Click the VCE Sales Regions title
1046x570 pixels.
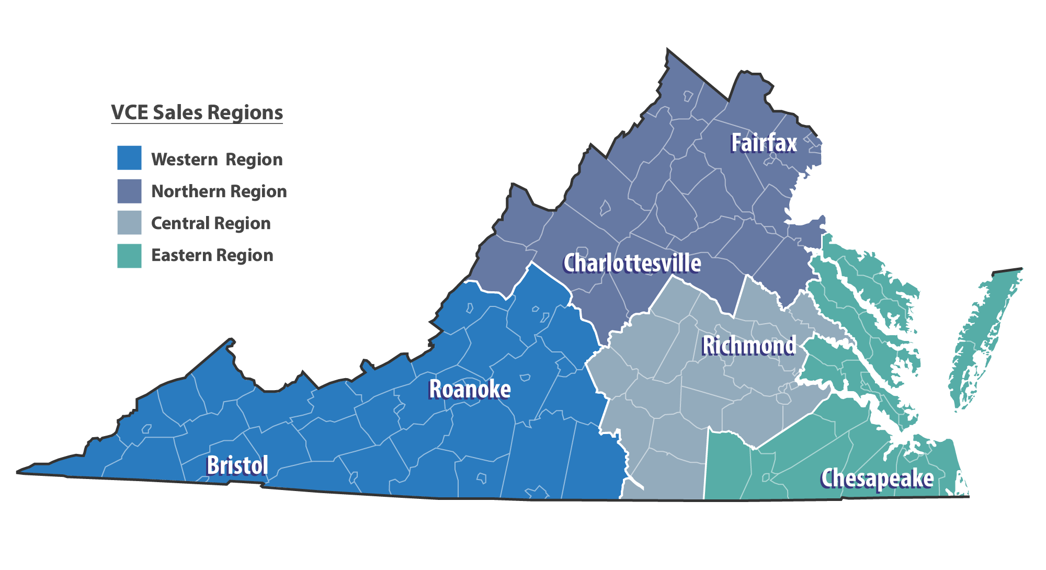click(197, 112)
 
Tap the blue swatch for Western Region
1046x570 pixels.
click(129, 158)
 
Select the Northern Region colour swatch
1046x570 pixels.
click(129, 191)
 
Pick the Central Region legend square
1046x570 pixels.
click(129, 223)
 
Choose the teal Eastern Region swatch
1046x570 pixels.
click(129, 256)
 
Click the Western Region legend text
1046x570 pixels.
click(217, 159)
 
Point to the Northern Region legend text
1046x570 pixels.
click(219, 191)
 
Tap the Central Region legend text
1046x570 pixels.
click(211, 223)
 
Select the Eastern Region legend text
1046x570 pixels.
click(212, 255)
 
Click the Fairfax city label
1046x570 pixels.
click(764, 143)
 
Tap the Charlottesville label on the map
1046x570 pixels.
click(632, 263)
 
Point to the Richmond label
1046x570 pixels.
click(749, 346)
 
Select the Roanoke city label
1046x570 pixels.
click(470, 390)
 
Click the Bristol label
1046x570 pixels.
click(237, 465)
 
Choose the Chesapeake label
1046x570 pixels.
click(877, 478)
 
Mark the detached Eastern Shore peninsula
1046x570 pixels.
click(983, 335)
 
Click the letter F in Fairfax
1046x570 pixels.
click(736, 143)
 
